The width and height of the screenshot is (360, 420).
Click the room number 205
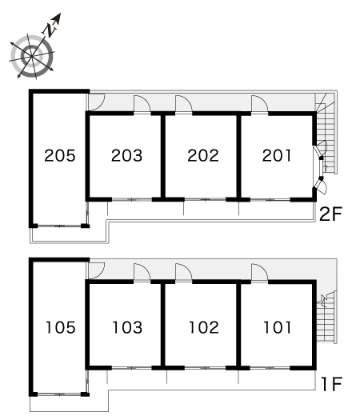pos(60,155)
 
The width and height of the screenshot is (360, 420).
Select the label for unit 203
pos(126,155)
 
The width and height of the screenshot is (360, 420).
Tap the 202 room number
pos(203,155)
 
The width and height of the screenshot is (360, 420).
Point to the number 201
pos(277,155)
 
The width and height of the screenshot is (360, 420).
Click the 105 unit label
pos(61,327)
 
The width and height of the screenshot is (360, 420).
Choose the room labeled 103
pos(127,327)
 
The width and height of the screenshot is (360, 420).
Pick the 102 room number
pos(204,327)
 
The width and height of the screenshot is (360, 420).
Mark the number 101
pos(278,327)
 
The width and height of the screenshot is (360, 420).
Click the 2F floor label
pos(331,214)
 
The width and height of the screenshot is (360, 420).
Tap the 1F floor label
pos(332,384)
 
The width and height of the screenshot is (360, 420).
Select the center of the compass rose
pos(32,56)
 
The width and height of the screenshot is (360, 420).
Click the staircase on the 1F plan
pos(326,317)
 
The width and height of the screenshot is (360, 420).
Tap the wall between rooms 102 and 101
pos(238,324)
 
